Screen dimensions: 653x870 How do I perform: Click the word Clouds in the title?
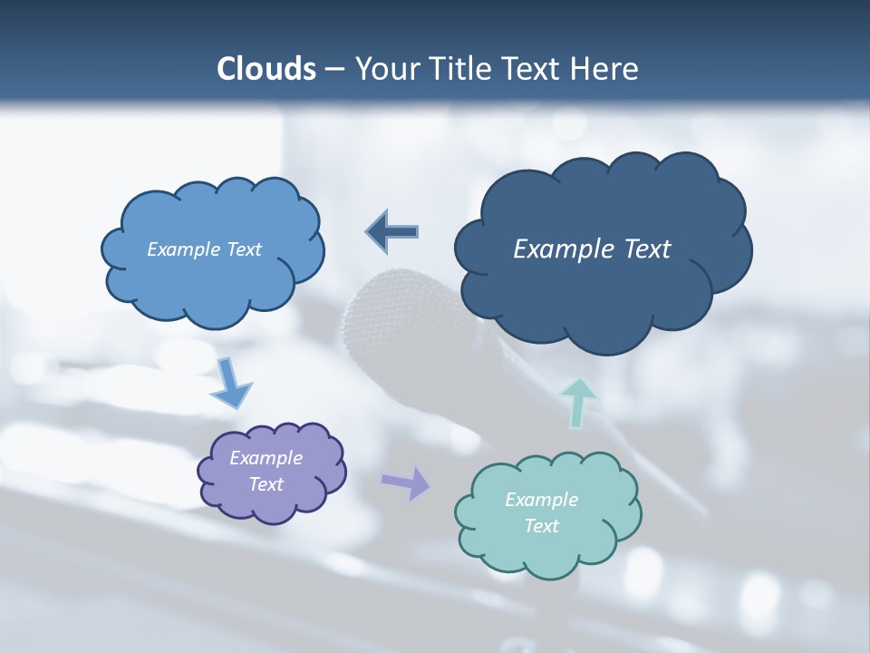(266, 69)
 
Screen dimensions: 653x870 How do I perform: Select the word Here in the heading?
(606, 69)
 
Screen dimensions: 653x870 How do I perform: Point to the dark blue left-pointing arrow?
(392, 231)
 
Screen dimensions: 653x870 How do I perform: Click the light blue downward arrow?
(230, 385)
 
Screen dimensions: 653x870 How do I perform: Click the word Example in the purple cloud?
(266, 458)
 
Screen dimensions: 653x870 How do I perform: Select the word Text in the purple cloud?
(266, 484)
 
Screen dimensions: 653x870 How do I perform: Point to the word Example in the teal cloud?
(541, 500)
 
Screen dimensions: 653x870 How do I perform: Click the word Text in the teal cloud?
(541, 526)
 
